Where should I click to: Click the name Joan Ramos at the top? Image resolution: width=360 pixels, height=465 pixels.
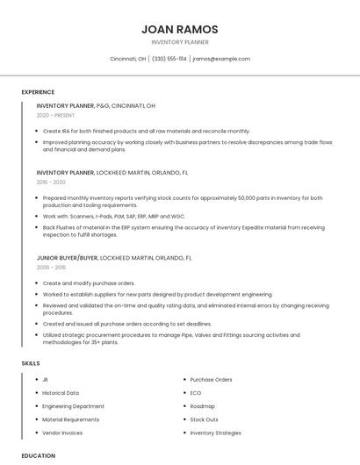180,29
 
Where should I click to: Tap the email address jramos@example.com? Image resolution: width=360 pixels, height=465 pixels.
221,59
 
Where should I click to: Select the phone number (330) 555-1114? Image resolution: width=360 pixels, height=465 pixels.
169,59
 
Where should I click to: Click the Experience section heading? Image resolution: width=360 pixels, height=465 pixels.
38,92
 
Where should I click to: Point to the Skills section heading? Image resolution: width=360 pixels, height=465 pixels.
31,362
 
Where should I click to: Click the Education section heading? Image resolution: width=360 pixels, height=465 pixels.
38,455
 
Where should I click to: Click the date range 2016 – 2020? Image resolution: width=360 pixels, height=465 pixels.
51,182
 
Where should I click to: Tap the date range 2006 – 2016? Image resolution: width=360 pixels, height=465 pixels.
51,268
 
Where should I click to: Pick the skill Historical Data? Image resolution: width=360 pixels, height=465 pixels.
61,393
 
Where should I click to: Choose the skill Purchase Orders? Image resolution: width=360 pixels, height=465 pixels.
211,380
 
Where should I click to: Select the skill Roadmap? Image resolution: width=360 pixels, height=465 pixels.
202,406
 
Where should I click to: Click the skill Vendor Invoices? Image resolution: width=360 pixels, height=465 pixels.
62,433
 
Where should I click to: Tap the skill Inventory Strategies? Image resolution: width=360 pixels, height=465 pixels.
215,433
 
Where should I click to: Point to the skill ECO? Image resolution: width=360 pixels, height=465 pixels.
196,393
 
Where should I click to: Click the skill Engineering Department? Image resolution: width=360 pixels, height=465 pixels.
73,406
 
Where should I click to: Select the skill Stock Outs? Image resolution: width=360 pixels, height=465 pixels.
205,419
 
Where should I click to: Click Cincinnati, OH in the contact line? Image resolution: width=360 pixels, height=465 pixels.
128,59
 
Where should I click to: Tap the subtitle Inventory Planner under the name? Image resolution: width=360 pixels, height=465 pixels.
180,42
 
